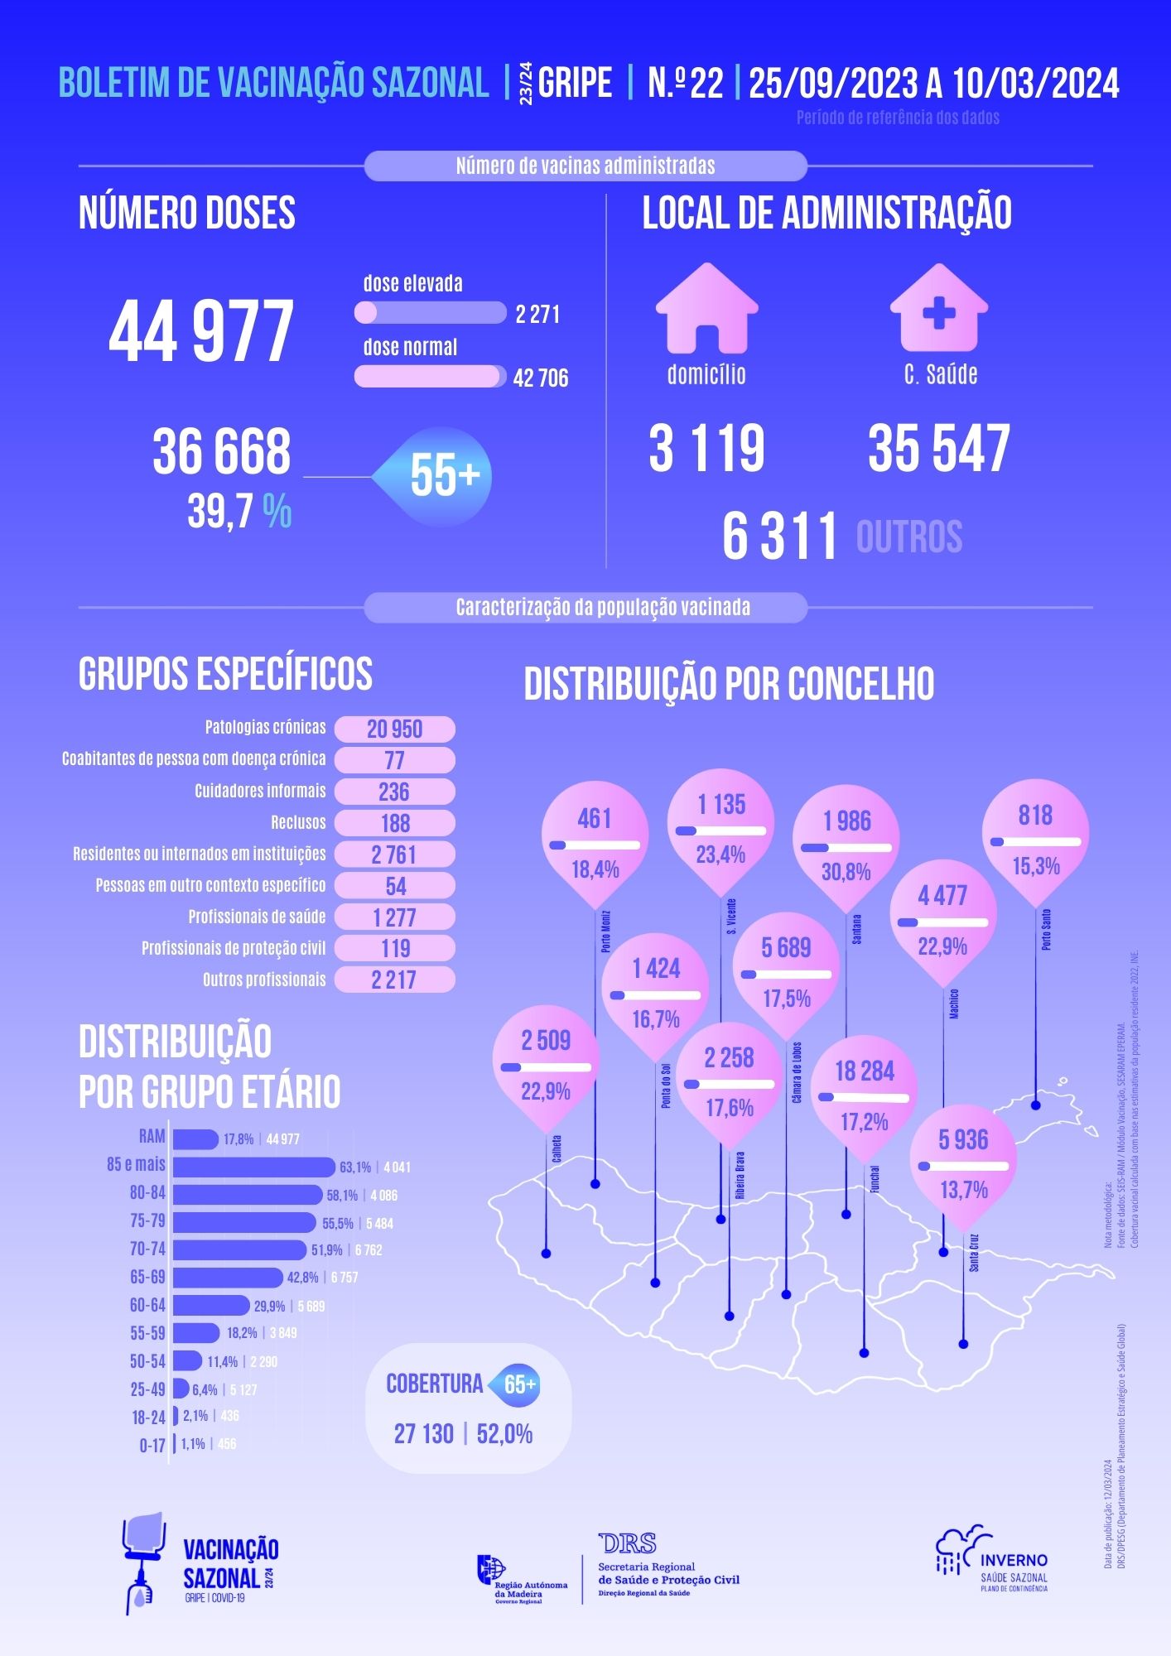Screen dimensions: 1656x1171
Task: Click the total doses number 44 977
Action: click(201, 331)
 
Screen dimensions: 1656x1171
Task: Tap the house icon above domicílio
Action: click(706, 308)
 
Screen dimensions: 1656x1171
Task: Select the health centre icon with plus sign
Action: click(938, 308)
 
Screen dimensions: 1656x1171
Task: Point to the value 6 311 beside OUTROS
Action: click(779, 536)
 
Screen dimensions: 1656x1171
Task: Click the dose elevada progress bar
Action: click(430, 313)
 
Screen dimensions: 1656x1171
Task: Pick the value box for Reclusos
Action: click(395, 823)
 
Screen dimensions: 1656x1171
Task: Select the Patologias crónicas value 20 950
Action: click(395, 729)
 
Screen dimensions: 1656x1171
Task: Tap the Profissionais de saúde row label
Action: click(257, 917)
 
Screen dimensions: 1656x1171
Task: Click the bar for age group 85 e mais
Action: click(253, 1167)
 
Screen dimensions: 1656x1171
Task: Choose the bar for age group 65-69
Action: click(227, 1278)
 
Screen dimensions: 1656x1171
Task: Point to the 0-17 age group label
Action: click(152, 1446)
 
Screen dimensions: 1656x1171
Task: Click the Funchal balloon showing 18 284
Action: click(865, 1093)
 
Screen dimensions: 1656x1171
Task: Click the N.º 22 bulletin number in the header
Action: click(685, 83)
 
